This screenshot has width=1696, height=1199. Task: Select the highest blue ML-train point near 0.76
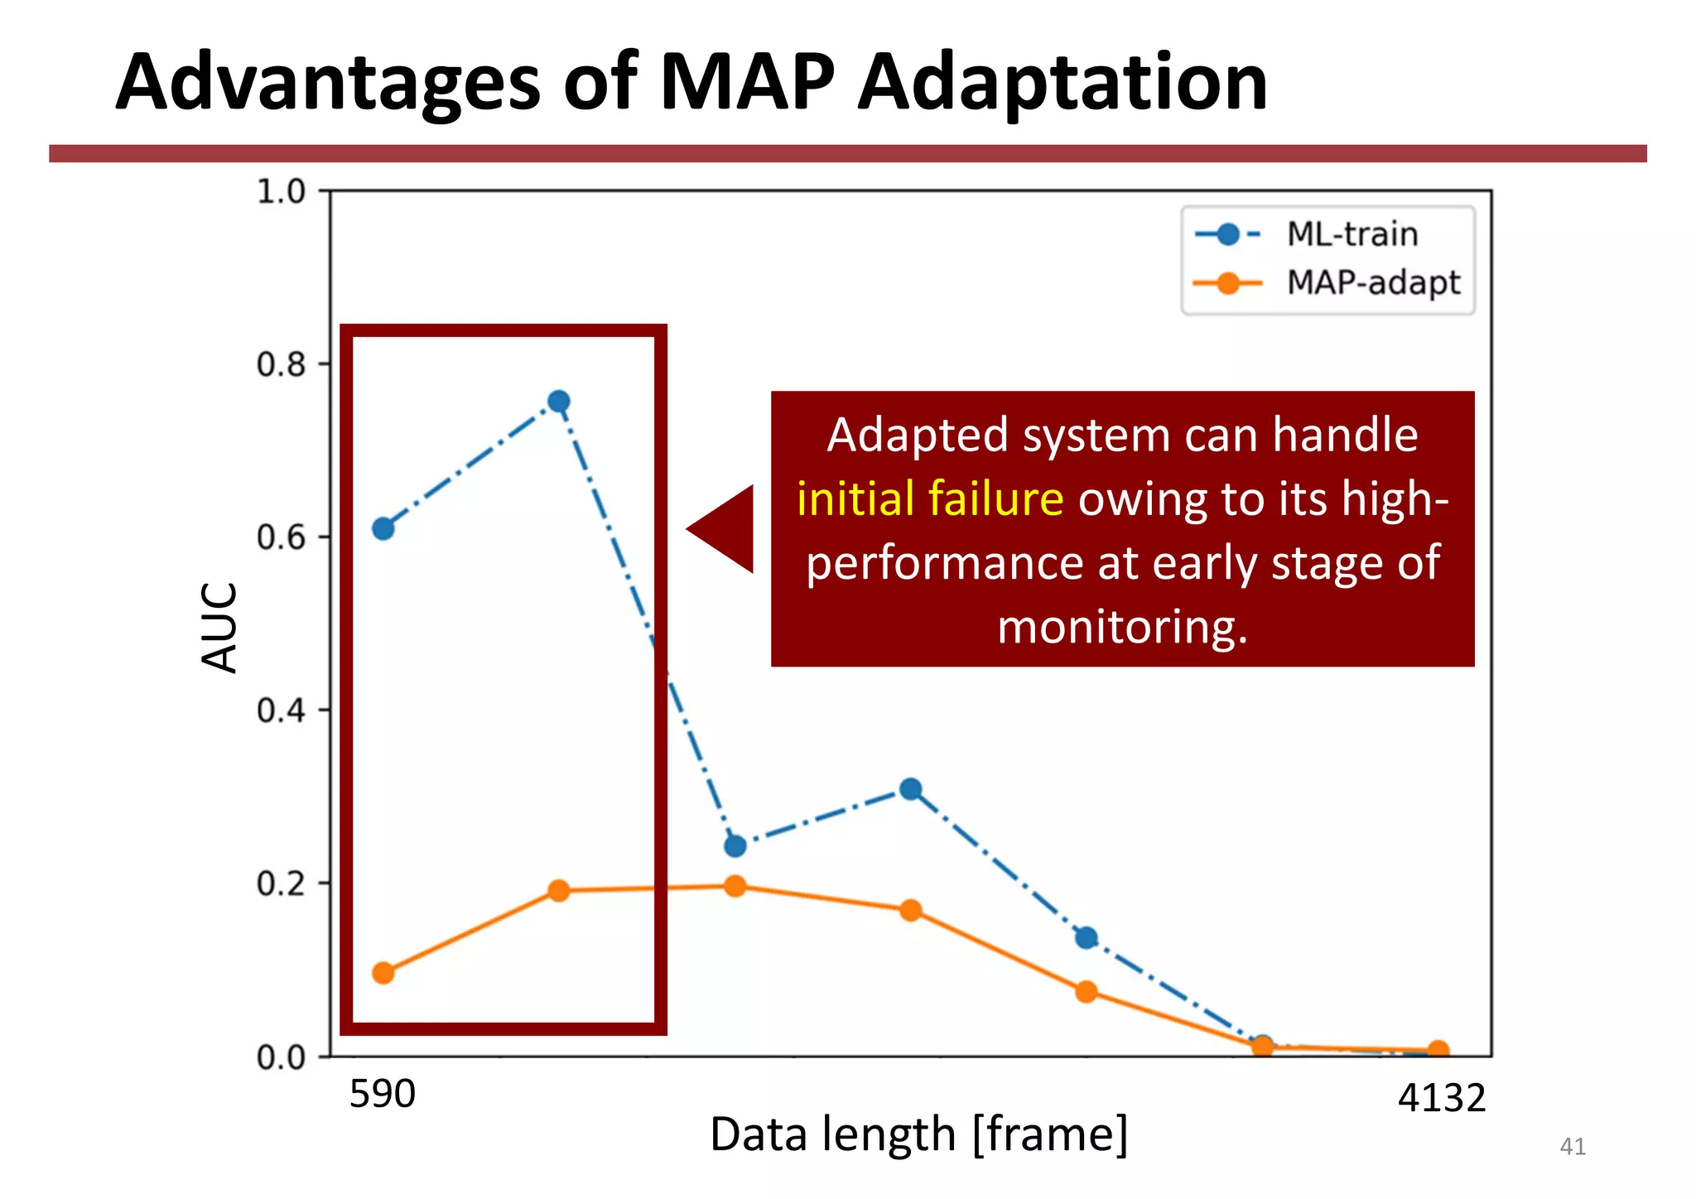pos(559,402)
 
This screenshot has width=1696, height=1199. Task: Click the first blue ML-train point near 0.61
pos(383,528)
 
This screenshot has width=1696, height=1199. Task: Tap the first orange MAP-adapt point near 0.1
pos(383,973)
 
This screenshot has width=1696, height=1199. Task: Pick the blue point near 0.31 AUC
pos(911,789)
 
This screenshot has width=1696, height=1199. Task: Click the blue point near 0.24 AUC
pos(735,846)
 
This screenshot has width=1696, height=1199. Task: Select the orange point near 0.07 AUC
pos(1086,992)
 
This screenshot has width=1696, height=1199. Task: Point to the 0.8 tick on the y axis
pos(281,364)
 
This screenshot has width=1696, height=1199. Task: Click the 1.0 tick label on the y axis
pos(281,191)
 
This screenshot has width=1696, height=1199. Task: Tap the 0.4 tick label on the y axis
pos(281,710)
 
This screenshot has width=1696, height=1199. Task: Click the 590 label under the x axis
pos(382,1095)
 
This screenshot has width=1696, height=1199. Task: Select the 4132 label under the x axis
pos(1442,1099)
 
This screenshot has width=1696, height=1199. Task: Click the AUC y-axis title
pos(220,627)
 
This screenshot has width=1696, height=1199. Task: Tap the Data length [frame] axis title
pos(918,1134)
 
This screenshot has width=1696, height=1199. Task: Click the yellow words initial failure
pos(930,499)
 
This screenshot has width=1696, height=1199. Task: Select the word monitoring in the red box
pos(1120,627)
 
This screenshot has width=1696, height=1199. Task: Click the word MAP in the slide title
pos(747,83)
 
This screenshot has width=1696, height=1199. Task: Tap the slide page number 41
pos(1572,1147)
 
